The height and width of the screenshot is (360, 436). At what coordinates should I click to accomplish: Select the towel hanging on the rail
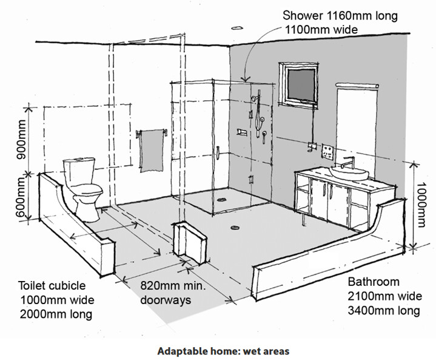(152, 151)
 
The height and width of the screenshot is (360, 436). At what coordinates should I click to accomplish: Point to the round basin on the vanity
(349, 172)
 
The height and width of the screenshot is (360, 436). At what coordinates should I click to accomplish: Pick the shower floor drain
(222, 199)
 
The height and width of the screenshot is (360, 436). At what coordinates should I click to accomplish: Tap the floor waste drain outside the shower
(235, 228)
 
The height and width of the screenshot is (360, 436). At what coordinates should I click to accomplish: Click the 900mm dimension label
(21, 140)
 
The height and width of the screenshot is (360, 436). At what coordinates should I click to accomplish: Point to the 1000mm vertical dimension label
(420, 205)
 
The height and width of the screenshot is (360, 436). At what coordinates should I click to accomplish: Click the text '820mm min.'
(172, 286)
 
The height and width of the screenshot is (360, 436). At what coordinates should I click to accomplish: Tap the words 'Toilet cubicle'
(52, 286)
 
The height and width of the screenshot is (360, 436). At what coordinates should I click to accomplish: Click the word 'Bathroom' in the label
(374, 282)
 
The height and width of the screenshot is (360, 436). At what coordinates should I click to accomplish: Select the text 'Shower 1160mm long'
(340, 16)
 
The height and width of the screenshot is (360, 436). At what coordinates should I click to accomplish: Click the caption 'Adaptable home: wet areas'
(223, 351)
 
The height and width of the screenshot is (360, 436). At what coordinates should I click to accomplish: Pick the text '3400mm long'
(384, 310)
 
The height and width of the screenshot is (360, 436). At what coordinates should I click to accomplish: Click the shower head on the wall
(254, 98)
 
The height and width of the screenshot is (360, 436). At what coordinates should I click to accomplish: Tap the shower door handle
(218, 152)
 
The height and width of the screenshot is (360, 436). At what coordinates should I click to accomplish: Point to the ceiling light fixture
(237, 28)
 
